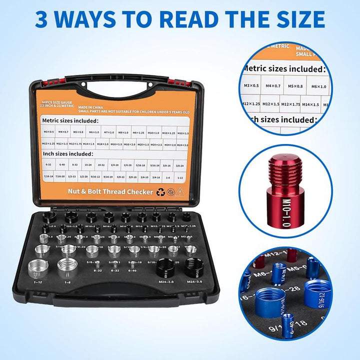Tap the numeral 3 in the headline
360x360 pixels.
45,19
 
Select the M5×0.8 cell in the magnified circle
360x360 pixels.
294,86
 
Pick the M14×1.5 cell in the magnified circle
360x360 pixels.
310,105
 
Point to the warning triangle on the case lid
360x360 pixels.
180,191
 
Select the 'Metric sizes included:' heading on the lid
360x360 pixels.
70,120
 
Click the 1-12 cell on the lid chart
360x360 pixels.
180,177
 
